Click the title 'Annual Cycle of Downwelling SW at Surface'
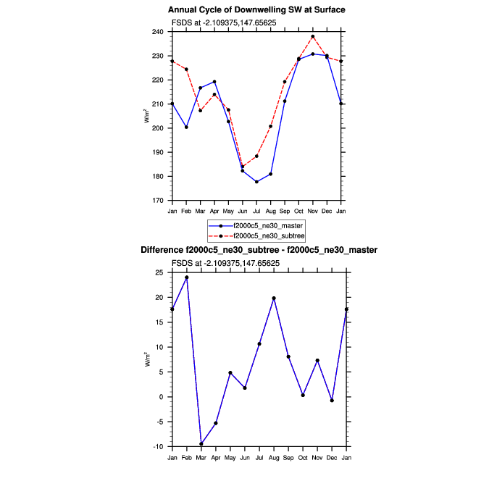(256, 10)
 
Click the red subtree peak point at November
(312, 36)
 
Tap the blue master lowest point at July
(256, 182)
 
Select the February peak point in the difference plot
(187, 277)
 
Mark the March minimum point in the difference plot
(201, 444)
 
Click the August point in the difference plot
(274, 298)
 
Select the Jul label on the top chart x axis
(256, 211)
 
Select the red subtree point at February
(187, 70)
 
